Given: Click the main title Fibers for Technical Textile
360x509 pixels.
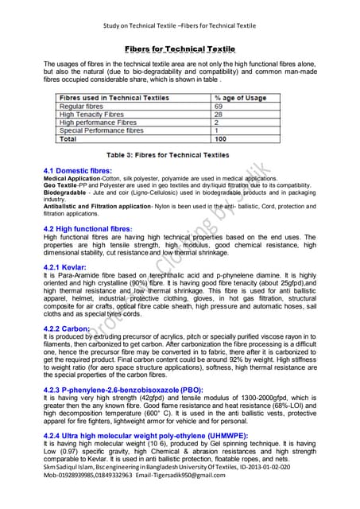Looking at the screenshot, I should click(179, 49).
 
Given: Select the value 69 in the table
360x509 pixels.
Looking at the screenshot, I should click(219, 106).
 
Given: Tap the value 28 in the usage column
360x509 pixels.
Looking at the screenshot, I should click(219, 115).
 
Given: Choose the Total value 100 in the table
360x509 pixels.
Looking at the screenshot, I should click(221, 138).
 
